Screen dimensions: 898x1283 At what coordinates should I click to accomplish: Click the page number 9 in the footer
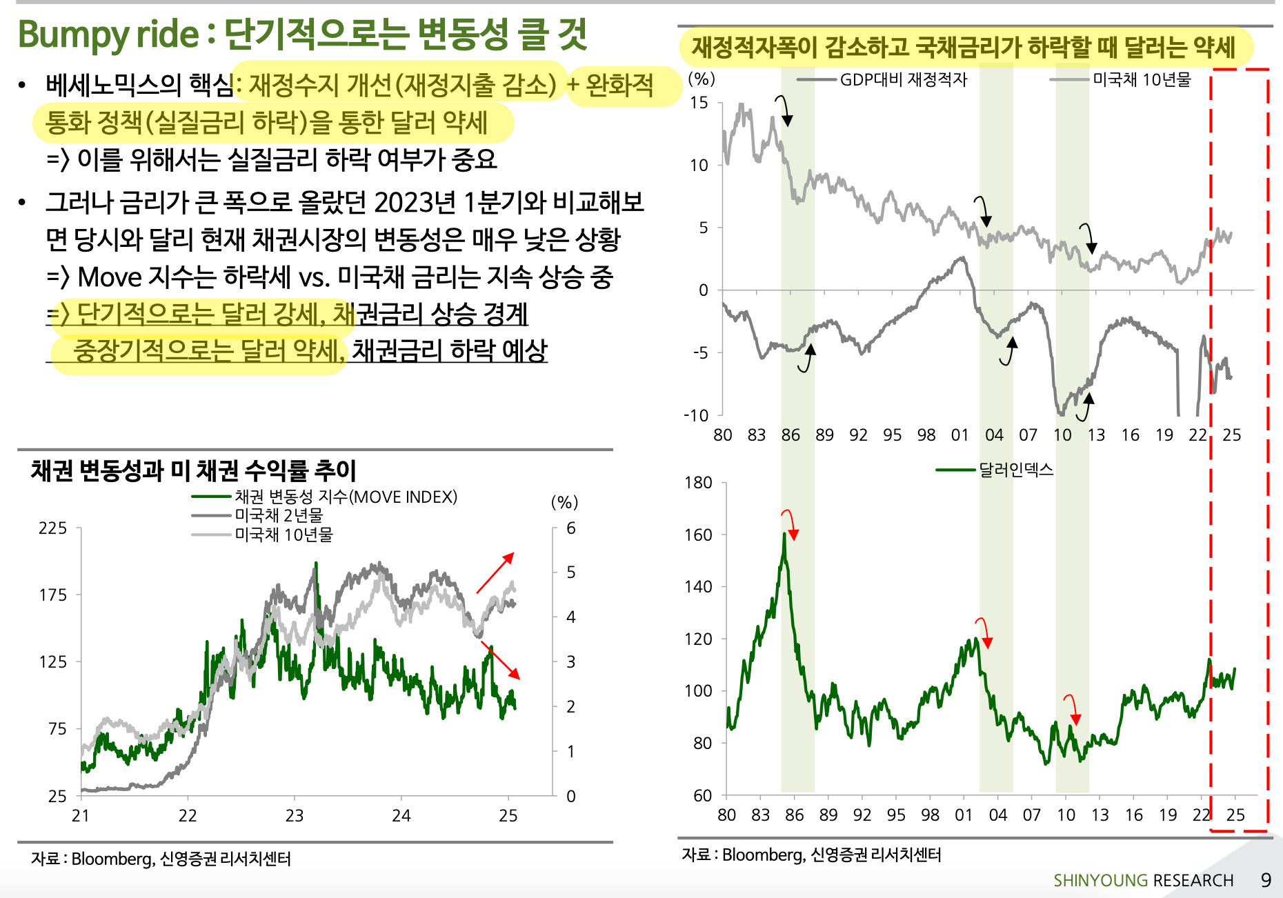[x=1266, y=880]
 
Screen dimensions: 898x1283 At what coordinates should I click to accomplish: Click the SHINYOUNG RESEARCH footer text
[x=1143, y=881]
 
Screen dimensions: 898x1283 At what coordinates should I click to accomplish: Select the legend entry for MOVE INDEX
[x=345, y=497]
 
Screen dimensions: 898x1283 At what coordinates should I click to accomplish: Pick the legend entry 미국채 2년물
[x=278, y=515]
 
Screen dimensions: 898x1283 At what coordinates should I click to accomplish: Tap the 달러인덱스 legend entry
[x=1015, y=470]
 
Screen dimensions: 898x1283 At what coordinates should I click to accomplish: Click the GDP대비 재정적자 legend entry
[x=903, y=80]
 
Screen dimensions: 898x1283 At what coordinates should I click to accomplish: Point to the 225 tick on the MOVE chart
[x=52, y=528]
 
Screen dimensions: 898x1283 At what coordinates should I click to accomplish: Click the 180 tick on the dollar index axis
[x=698, y=483]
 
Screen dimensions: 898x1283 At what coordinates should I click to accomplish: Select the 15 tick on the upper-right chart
[x=699, y=103]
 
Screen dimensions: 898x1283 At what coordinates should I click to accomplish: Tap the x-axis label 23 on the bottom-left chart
[x=295, y=816]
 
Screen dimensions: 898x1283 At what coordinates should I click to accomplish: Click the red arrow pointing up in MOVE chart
[x=495, y=572]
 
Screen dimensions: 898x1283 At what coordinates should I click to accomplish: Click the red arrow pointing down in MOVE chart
[x=501, y=661]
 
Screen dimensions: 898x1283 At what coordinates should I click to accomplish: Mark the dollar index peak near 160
[x=784, y=535]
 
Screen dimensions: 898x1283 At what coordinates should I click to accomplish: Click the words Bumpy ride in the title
[x=108, y=34]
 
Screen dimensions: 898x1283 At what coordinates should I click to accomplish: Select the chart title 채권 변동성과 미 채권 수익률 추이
[x=193, y=470]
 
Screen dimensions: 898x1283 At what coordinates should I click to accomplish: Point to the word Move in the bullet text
[x=110, y=277]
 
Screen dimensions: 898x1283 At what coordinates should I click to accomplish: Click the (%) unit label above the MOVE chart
[x=564, y=502]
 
